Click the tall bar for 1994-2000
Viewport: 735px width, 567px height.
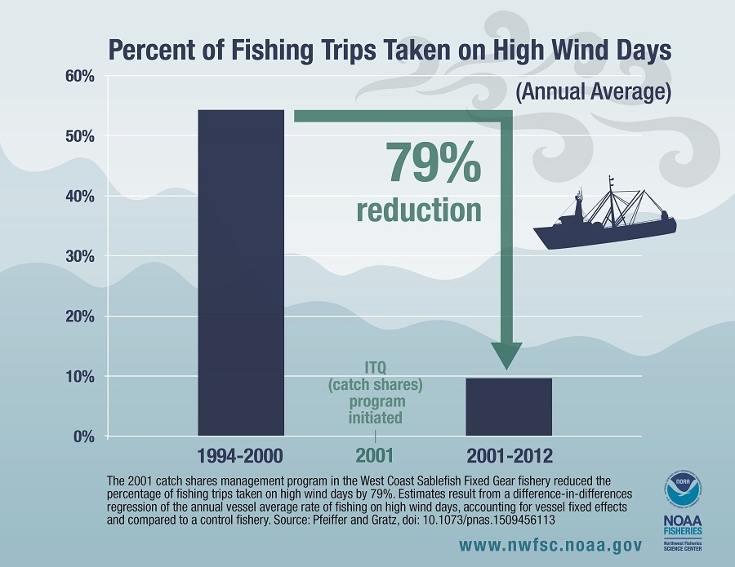pyautogui.click(x=241, y=272)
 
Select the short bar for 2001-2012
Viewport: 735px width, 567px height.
pyautogui.click(x=509, y=406)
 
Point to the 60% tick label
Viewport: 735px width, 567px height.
pyautogui.click(x=79, y=77)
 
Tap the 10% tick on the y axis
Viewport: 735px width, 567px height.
pyautogui.click(x=79, y=377)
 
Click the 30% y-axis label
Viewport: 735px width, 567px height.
pyautogui.click(x=79, y=257)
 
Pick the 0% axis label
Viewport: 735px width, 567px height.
pyautogui.click(x=83, y=436)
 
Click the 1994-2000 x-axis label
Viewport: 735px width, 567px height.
pyautogui.click(x=241, y=455)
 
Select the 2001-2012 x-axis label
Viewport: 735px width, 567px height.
pyautogui.click(x=509, y=455)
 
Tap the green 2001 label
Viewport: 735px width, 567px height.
pyautogui.click(x=375, y=455)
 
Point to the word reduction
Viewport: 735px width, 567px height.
pyautogui.click(x=419, y=209)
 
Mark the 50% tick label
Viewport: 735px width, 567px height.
pyautogui.click(x=79, y=136)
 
